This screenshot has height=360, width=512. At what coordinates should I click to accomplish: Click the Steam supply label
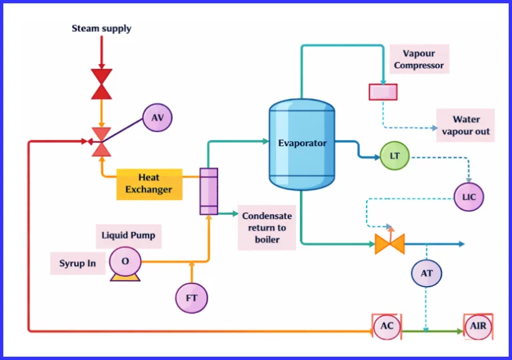(x=101, y=29)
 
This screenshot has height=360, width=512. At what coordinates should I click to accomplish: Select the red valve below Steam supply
(x=101, y=83)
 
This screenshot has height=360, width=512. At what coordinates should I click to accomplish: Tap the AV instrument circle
(x=157, y=118)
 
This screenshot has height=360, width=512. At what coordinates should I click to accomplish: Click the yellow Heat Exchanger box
(x=149, y=183)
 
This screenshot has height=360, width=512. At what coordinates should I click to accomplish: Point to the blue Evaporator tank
(x=302, y=143)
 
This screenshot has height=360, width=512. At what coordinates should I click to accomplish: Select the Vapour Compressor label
(x=419, y=59)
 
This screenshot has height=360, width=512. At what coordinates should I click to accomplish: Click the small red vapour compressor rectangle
(x=383, y=92)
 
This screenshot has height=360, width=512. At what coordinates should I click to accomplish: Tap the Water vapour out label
(x=465, y=125)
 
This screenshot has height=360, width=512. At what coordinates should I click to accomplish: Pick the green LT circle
(x=395, y=156)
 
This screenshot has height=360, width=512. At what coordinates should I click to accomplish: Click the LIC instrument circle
(x=469, y=197)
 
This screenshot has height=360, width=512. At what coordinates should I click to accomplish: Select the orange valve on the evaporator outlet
(x=389, y=244)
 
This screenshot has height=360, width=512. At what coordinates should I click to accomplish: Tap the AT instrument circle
(x=426, y=273)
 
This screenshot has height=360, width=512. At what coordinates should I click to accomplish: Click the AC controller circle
(x=387, y=327)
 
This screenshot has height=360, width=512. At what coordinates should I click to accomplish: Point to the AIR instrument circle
(x=478, y=327)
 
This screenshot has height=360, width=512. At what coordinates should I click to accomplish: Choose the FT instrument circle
(x=191, y=298)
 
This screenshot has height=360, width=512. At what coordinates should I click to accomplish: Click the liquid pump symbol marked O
(x=125, y=262)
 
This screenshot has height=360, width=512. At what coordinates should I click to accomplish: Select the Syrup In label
(x=77, y=263)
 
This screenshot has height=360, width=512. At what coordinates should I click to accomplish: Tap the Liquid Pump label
(x=131, y=235)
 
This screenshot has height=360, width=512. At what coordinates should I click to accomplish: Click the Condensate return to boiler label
(x=267, y=227)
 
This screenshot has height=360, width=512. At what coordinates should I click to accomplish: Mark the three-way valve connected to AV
(x=101, y=141)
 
